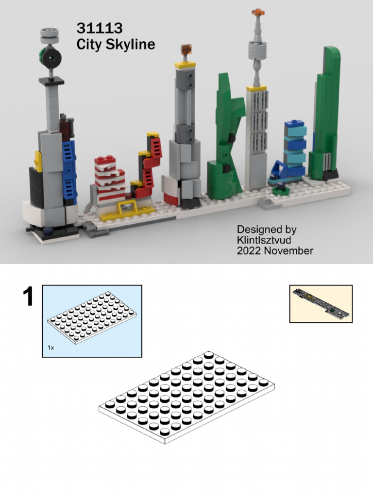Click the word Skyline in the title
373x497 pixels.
coord(132,45)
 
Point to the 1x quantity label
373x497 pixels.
coord(51,348)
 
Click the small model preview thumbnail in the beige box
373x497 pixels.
coord(321,304)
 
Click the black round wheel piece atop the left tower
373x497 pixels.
coord(50,59)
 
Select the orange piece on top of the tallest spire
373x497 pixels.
coord(257,12)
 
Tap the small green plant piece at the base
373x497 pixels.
coord(280,189)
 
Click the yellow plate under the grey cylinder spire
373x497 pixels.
coord(256,88)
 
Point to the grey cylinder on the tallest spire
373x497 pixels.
coord(257,50)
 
